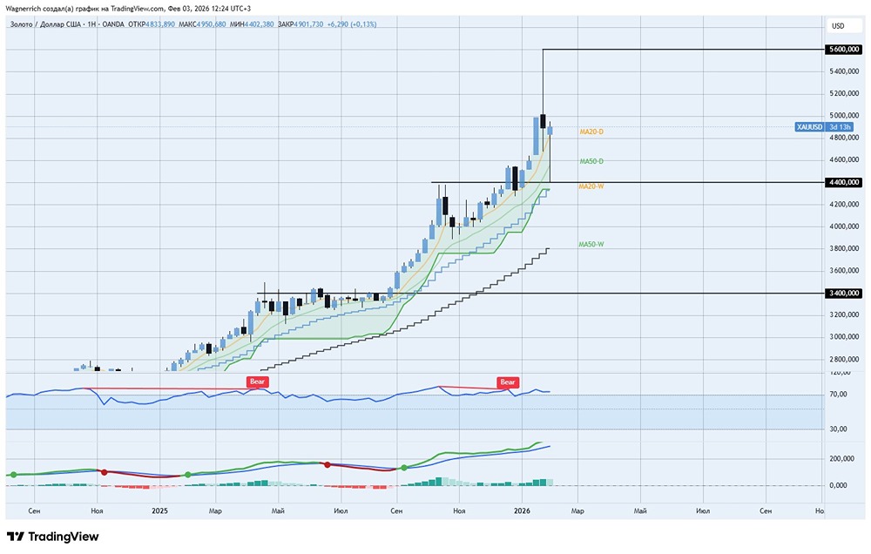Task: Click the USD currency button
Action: click(838, 26)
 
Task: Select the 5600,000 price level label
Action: click(844, 51)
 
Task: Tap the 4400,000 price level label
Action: click(844, 182)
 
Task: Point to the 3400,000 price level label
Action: click(844, 294)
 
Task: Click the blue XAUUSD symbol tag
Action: click(810, 127)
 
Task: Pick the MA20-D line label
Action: click(591, 132)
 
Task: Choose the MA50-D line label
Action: click(591, 161)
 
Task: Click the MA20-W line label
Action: click(591, 186)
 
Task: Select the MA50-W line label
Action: click(591, 245)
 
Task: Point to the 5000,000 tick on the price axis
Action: click(841, 115)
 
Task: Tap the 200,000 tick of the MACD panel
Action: click(840, 458)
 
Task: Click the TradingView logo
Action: click(52, 537)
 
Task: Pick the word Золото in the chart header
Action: click(22, 24)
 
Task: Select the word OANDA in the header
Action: click(111, 24)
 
